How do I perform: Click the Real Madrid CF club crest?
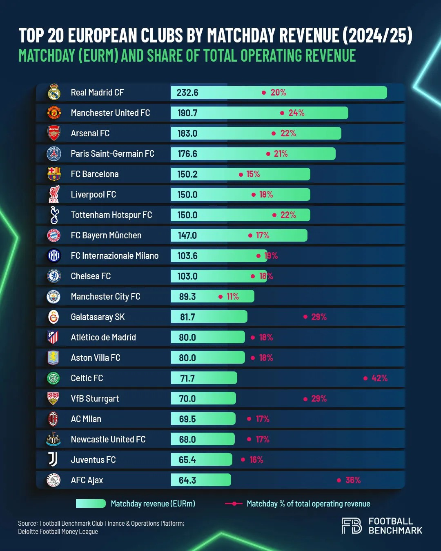pyautogui.click(x=54, y=93)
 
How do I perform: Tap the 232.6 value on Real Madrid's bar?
pyautogui.click(x=187, y=93)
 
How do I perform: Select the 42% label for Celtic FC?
pyautogui.click(x=379, y=378)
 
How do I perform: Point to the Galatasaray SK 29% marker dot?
pyautogui.click(x=305, y=317)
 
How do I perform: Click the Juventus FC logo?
pyautogui.click(x=53, y=460)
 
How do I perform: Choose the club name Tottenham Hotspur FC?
pyautogui.click(x=111, y=215)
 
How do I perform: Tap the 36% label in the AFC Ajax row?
pyautogui.click(x=353, y=480)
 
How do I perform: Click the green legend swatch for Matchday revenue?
pyautogui.click(x=91, y=504)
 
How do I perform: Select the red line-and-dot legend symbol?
pyautogui.click(x=234, y=504)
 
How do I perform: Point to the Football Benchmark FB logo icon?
pyautogui.click(x=352, y=526)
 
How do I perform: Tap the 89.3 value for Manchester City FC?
pyautogui.click(x=187, y=297)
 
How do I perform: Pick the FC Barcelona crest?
pyautogui.click(x=54, y=174)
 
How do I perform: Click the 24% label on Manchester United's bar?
pyautogui.click(x=296, y=113)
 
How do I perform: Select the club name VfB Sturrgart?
pyautogui.click(x=95, y=399)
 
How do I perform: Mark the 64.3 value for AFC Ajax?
pyautogui.click(x=187, y=480)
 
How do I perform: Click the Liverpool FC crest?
pyautogui.click(x=54, y=195)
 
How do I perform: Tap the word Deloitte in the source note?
pyautogui.click(x=29, y=531)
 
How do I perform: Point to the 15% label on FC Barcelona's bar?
pyautogui.click(x=253, y=174)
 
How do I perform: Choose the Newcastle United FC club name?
pyautogui.click(x=108, y=440)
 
